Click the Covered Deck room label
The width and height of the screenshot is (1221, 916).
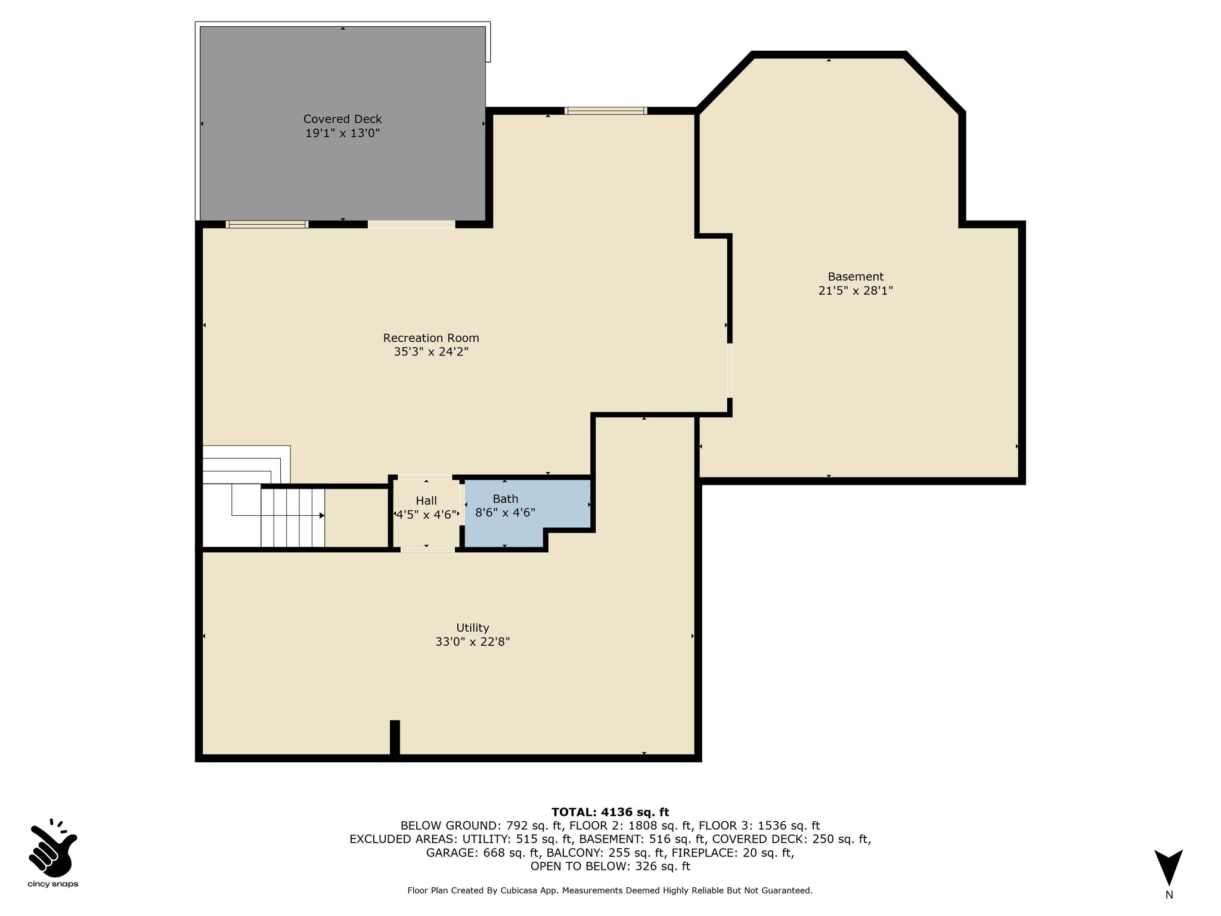(342, 119)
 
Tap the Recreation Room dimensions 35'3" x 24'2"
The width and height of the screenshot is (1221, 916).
(431, 352)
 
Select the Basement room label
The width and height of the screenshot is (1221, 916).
(856, 277)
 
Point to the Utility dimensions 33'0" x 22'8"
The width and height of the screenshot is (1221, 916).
(473, 642)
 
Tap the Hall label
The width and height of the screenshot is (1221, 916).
(426, 501)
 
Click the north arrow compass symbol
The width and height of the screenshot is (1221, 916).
(1169, 867)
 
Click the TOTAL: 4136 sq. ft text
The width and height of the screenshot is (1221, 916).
(610, 812)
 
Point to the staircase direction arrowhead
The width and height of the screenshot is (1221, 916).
(322, 515)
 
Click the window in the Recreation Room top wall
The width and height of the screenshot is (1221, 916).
(606, 110)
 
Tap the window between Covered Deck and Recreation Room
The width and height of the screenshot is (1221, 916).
(267, 224)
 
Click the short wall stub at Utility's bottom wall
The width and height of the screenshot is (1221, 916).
(395, 739)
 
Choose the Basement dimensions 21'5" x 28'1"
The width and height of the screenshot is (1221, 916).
(856, 291)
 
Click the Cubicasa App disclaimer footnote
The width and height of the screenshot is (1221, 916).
(610, 890)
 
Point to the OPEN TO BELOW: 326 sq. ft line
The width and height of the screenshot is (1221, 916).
(610, 867)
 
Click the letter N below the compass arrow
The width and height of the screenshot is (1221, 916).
(1169, 895)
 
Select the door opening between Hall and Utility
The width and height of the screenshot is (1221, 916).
(427, 549)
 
